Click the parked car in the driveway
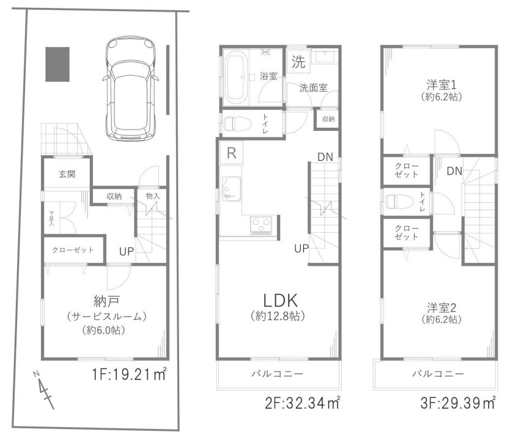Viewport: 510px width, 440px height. [x=130, y=89]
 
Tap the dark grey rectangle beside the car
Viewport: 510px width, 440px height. [x=57, y=64]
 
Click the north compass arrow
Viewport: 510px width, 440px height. [x=43, y=390]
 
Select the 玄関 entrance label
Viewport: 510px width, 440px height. [x=67, y=174]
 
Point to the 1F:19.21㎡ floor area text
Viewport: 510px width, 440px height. [x=130, y=375]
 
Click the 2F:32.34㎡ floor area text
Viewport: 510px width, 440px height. [x=303, y=403]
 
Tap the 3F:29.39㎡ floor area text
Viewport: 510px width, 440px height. [x=458, y=403]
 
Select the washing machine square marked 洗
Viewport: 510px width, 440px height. [x=298, y=61]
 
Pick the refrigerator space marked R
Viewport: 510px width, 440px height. [x=231, y=153]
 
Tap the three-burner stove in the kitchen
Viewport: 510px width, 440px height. [x=261, y=226]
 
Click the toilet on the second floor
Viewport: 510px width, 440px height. [x=238, y=125]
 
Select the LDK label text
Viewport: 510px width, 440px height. [x=280, y=301]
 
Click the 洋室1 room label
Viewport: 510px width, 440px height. [x=442, y=85]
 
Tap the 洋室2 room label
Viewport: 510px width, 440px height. [x=442, y=307]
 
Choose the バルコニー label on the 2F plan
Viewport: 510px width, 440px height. [x=277, y=374]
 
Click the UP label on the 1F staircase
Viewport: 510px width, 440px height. [x=127, y=251]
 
